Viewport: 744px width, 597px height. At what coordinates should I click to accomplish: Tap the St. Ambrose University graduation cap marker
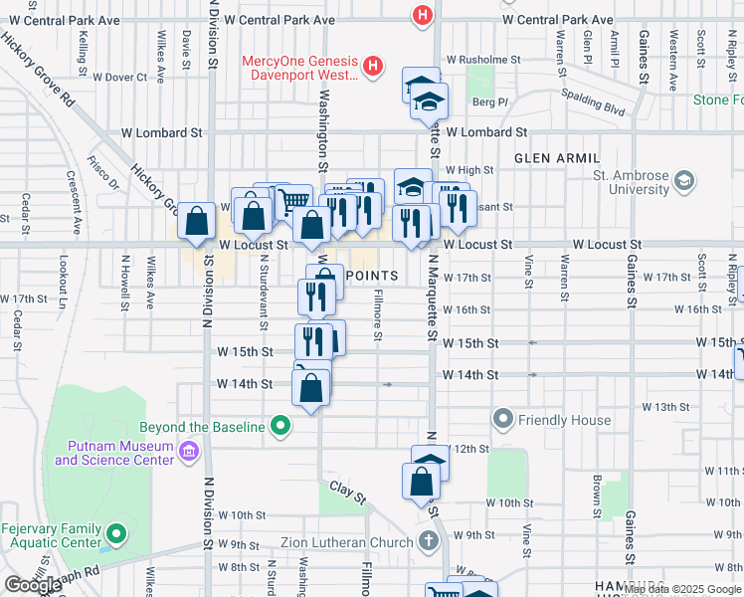point(683,181)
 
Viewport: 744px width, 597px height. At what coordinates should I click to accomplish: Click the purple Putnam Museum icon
point(189,454)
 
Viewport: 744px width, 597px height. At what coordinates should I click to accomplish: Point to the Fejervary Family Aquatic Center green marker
point(116,533)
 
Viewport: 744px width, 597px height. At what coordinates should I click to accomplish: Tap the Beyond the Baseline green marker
point(281,427)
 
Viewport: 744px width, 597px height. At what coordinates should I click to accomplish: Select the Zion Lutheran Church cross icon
point(428,542)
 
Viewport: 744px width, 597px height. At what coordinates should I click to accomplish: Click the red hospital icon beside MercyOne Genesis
point(373,67)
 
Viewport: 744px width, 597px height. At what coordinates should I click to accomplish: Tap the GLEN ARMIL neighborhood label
point(557,158)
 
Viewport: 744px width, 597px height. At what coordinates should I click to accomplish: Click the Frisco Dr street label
point(102,172)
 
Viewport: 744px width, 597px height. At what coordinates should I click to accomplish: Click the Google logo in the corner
point(34,585)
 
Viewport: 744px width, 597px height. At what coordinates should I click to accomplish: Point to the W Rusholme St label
point(483,59)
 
